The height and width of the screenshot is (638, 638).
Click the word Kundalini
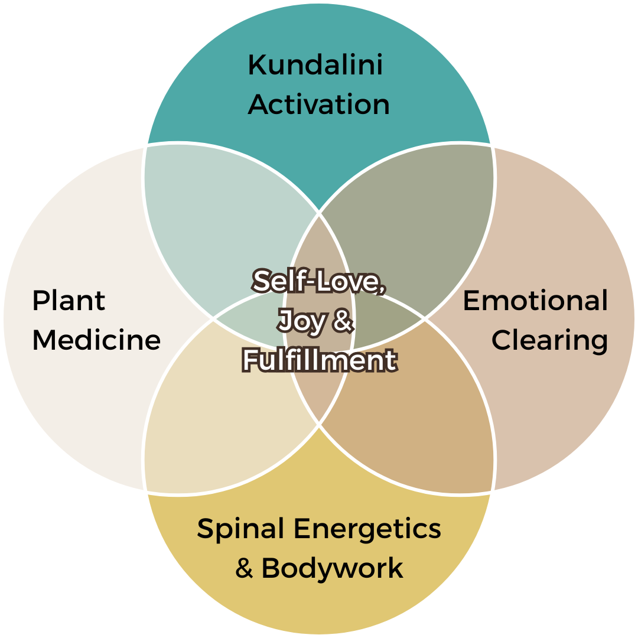[315, 65]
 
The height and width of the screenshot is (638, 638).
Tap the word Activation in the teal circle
[318, 105]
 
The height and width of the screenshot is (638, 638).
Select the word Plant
[69, 301]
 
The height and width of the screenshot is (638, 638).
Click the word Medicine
[96, 340]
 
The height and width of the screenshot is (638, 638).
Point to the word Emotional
[535, 301]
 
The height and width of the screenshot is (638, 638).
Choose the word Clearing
[549, 340]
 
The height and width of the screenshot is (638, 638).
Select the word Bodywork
[332, 568]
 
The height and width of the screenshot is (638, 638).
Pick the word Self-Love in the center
[319, 282]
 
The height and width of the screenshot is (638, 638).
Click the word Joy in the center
[302, 321]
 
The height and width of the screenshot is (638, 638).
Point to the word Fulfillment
[319, 360]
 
